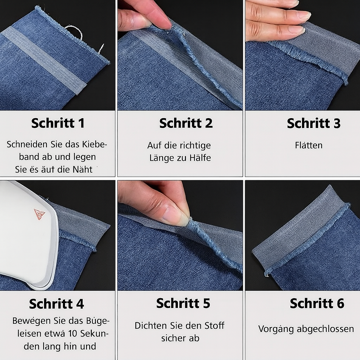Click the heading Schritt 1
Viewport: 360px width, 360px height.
(x=58, y=123)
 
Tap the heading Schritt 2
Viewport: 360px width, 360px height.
(x=186, y=123)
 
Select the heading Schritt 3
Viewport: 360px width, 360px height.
(x=314, y=123)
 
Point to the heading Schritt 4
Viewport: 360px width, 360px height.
(x=57, y=304)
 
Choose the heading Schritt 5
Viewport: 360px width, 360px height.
(x=183, y=303)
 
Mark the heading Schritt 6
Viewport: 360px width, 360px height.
(x=317, y=303)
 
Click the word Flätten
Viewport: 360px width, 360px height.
(x=309, y=145)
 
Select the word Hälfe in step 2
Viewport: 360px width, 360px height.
(x=200, y=158)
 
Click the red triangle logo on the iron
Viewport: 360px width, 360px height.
(x=39, y=214)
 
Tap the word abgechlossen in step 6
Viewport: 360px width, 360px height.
(x=325, y=329)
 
